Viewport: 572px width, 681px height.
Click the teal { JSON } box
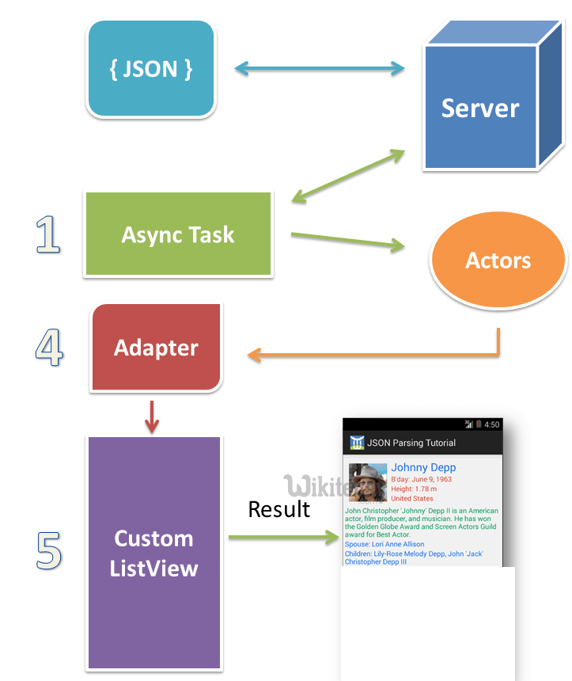(x=150, y=69)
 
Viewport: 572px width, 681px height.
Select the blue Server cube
(x=479, y=107)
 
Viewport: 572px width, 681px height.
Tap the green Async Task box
(x=178, y=234)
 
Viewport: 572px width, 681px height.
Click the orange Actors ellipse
(x=498, y=261)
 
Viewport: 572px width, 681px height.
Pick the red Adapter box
(x=156, y=348)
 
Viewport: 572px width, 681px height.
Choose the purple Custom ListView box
(x=153, y=553)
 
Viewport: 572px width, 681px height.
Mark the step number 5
(x=49, y=551)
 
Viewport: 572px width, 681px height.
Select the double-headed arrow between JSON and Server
(x=320, y=70)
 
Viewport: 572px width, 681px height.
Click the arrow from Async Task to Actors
(x=347, y=241)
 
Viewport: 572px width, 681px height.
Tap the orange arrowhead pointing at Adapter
(x=254, y=356)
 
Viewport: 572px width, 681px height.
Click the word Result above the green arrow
(x=278, y=509)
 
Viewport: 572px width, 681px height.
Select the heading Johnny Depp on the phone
(x=423, y=467)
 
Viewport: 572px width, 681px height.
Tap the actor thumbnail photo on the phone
(x=368, y=482)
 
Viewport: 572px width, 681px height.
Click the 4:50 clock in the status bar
(x=491, y=424)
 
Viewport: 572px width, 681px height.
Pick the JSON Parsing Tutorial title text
(x=411, y=443)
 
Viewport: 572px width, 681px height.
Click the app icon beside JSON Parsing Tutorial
(x=357, y=443)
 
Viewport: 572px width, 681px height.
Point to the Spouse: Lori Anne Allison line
(x=384, y=544)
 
